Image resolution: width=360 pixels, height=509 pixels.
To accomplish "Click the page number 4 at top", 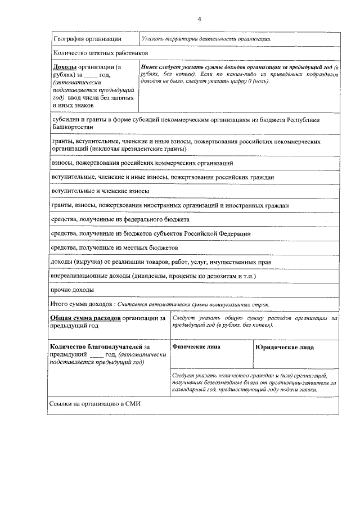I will [199, 20].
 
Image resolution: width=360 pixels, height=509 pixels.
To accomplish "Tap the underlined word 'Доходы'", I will [63, 67].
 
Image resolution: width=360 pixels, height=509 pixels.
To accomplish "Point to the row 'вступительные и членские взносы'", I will [96, 191].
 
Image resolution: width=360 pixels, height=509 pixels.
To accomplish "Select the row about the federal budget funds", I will [120, 219].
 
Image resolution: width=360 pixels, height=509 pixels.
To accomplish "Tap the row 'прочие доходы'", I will [73, 290].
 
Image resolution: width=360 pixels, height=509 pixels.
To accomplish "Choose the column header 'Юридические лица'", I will [284, 347].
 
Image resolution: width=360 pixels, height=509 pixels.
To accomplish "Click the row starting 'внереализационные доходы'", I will [91, 276].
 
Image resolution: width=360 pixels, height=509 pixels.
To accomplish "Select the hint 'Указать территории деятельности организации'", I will [207, 39].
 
